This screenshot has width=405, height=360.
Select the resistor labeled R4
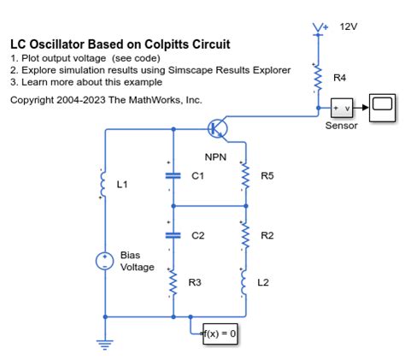point(318,79)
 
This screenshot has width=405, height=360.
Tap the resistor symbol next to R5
point(245,176)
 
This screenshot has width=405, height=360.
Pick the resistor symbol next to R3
point(173,283)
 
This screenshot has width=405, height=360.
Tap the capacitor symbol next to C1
point(173,175)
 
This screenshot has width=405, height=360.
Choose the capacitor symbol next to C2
point(173,234)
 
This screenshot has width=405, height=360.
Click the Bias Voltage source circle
point(105,262)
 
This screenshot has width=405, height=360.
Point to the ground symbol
point(105,344)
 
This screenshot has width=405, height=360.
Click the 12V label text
point(349,27)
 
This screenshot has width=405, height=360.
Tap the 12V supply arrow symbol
point(319,31)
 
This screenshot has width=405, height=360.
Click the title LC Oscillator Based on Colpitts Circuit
point(120,44)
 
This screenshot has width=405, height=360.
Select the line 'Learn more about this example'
point(91,82)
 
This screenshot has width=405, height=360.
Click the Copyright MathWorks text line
point(106,100)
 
